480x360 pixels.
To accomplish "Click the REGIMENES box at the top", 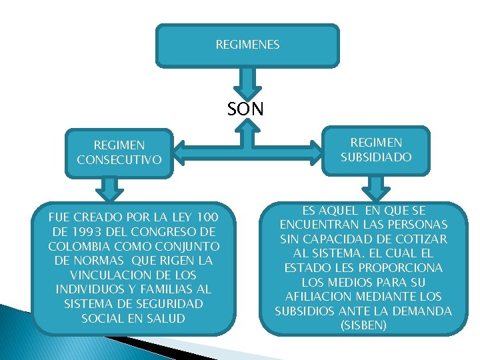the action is click(247, 45).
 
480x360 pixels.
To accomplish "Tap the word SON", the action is click(245, 109).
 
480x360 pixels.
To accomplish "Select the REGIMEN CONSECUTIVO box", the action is click(119, 152).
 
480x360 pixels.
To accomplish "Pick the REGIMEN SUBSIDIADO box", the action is click(377, 150).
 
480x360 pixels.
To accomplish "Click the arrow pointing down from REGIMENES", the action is click(248, 83).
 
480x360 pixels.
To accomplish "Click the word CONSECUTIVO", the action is click(119, 159).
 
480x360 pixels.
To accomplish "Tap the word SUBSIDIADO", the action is click(377, 157).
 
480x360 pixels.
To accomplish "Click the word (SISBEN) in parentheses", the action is click(363, 325).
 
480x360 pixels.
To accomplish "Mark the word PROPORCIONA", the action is click(417, 267).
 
